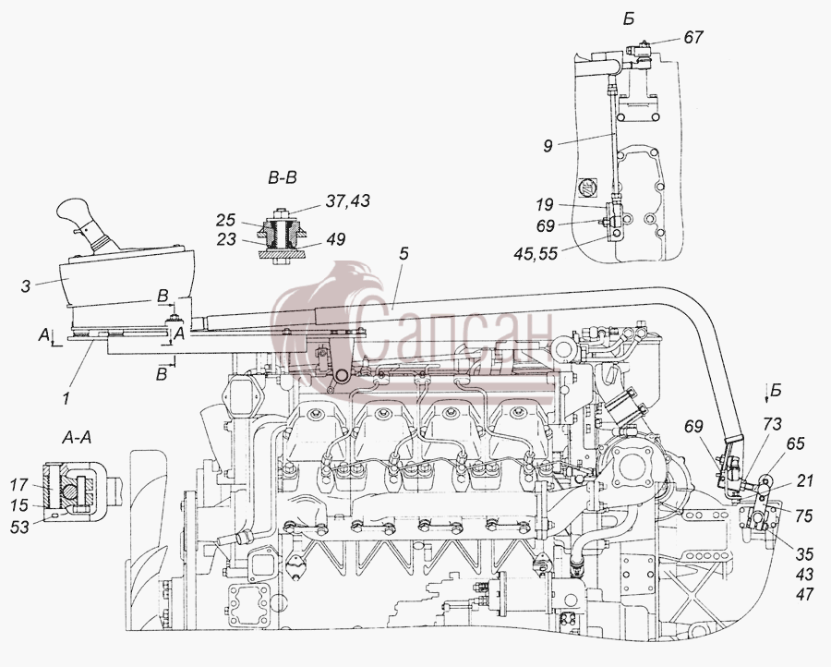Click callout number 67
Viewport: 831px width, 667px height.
click(693, 37)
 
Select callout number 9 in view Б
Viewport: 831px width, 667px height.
click(548, 145)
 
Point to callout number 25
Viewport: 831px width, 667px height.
click(226, 220)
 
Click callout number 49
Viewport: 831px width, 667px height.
click(334, 239)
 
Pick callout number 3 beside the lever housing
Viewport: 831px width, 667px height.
click(26, 286)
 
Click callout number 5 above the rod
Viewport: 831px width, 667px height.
click(403, 253)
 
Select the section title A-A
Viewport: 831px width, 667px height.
click(77, 437)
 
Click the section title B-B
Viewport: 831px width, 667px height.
click(283, 178)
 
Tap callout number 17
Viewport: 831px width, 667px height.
click(19, 484)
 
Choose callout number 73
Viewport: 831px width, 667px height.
click(773, 424)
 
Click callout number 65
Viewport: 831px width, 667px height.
click(795, 443)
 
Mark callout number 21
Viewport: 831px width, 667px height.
click(804, 481)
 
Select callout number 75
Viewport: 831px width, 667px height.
click(803, 515)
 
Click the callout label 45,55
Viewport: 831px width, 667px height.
click(536, 254)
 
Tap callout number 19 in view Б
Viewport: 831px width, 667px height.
click(544, 204)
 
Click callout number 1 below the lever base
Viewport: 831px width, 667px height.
click(66, 397)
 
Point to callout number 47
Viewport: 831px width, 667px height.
click(804, 594)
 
